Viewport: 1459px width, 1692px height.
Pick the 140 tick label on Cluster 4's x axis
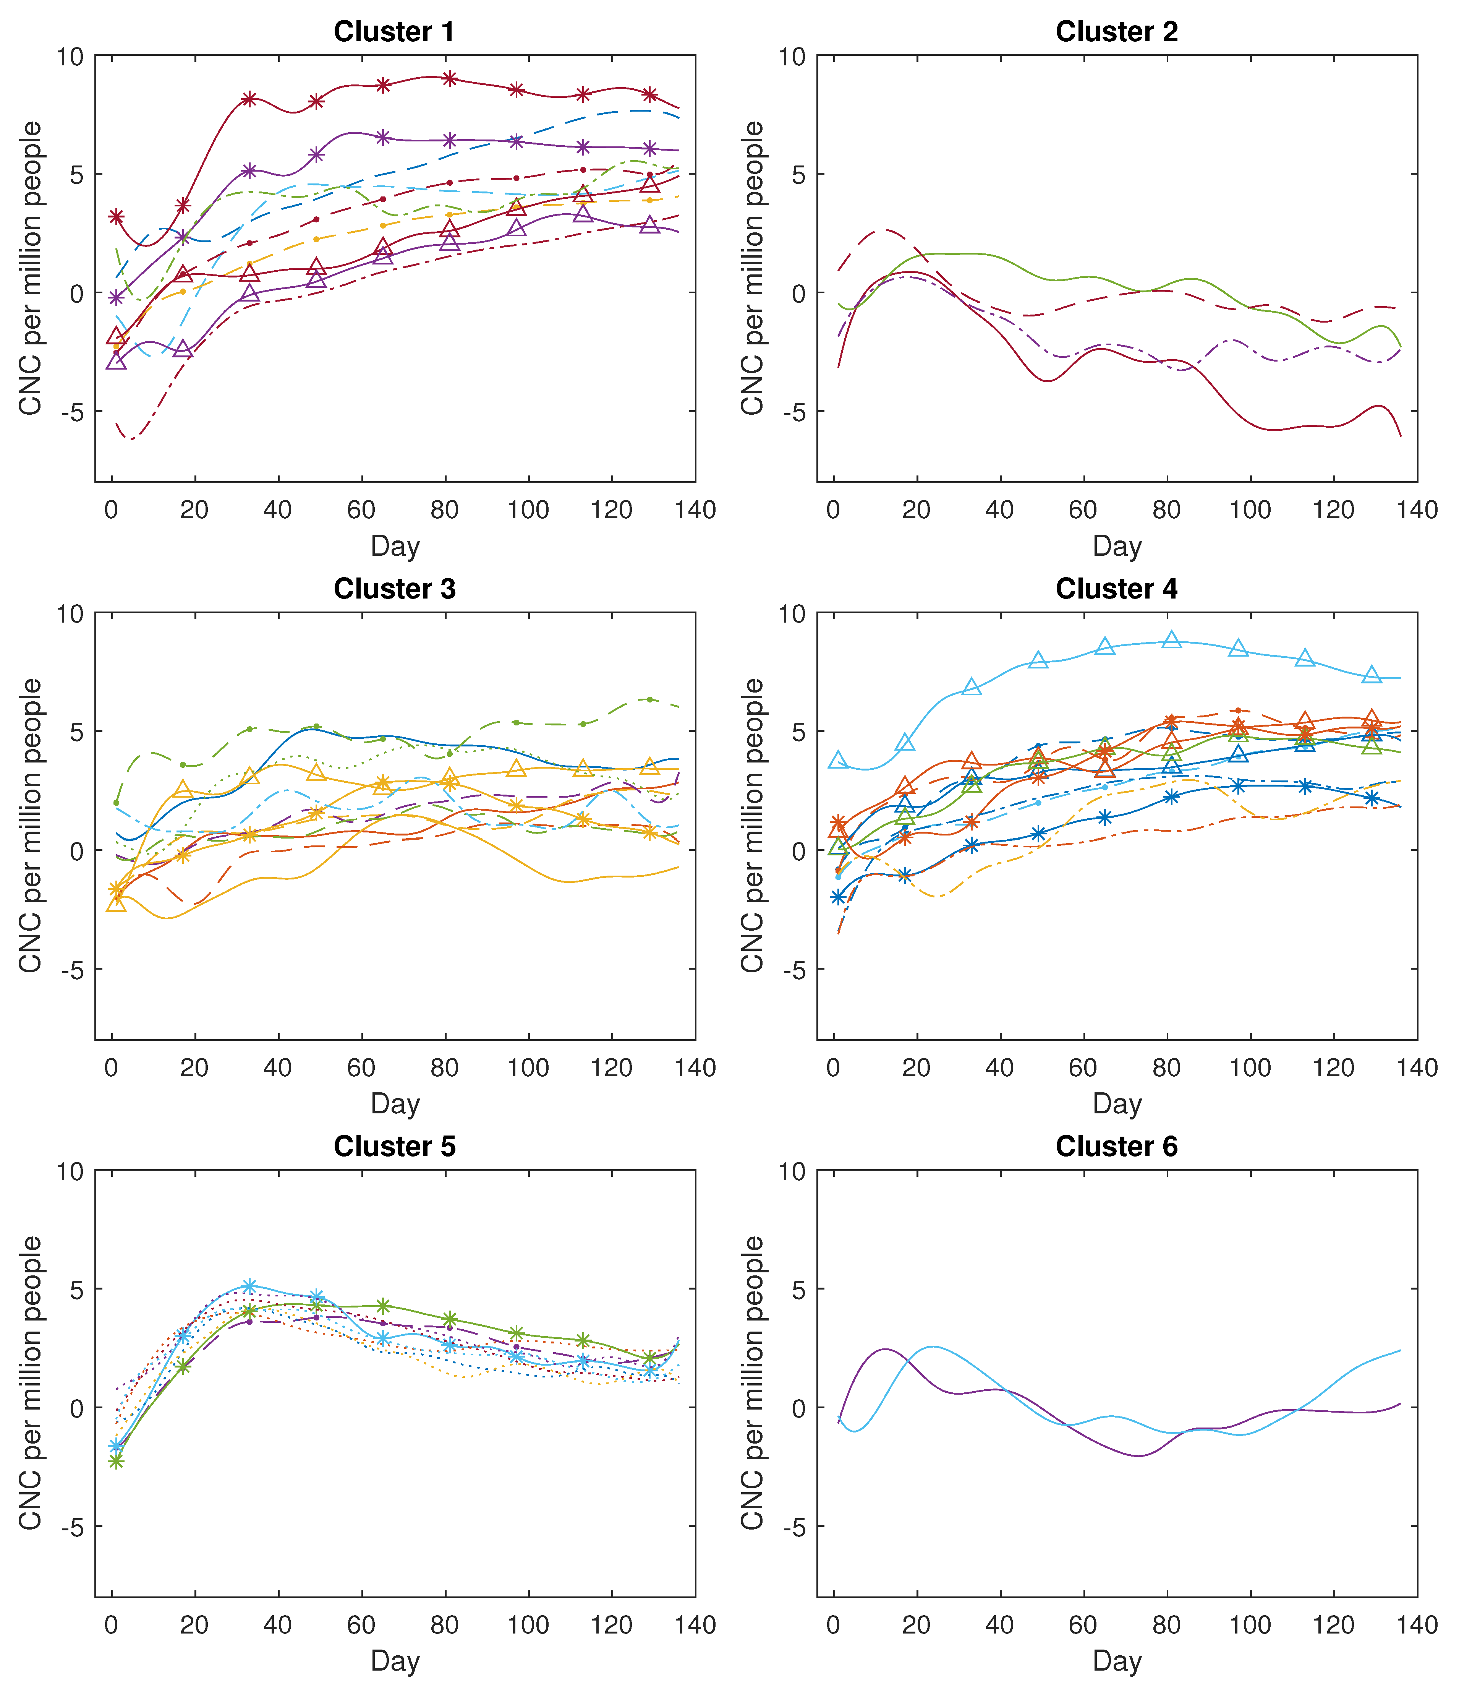click(x=1417, y=1067)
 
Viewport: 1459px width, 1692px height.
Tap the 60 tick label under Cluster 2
click(x=1083, y=510)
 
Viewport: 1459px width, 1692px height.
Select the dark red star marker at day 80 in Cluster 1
click(x=449, y=78)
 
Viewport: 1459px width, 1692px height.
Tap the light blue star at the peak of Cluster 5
click(x=250, y=1286)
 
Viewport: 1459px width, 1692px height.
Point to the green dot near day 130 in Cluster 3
click(x=649, y=699)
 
